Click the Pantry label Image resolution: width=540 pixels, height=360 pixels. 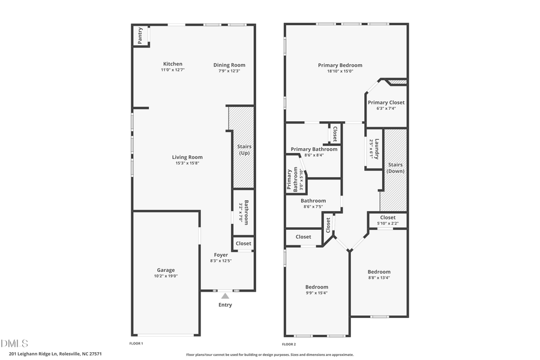pyautogui.click(x=140, y=36)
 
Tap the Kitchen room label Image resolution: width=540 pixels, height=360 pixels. pyautogui.click(x=173, y=64)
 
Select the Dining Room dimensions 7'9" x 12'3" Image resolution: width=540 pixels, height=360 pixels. pyautogui.click(x=229, y=71)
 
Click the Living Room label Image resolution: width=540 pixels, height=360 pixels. pyautogui.click(x=188, y=157)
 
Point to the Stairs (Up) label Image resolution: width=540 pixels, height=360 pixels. pyautogui.click(x=244, y=149)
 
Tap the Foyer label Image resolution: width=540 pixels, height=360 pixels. pyautogui.click(x=221, y=254)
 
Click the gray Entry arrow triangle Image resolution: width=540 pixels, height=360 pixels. pyautogui.click(x=225, y=295)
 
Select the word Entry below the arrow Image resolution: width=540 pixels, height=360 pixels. pyautogui.click(x=225, y=305)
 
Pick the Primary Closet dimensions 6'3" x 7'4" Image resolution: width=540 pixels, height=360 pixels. pyautogui.click(x=386, y=109)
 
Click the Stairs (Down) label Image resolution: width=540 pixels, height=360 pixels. pyautogui.click(x=395, y=167)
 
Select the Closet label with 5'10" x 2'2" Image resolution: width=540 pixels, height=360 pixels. pyautogui.click(x=388, y=217)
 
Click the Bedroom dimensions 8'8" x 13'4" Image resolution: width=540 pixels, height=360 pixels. pyautogui.click(x=379, y=278)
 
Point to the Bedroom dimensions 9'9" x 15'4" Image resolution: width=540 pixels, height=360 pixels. pyautogui.click(x=317, y=293)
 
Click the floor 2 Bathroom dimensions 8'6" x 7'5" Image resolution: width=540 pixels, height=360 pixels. pyautogui.click(x=313, y=207)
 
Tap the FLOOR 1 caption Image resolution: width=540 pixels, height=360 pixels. pyautogui.click(x=137, y=344)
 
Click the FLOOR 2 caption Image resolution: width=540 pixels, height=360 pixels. pyautogui.click(x=289, y=344)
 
